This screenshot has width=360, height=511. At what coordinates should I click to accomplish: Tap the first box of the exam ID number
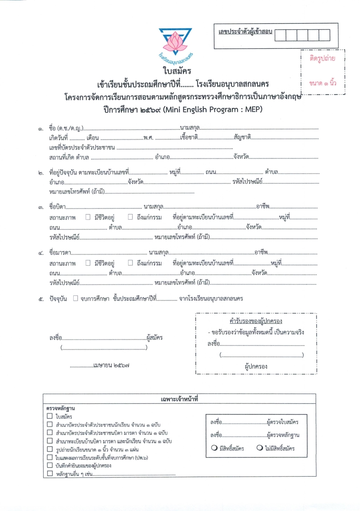(280, 35)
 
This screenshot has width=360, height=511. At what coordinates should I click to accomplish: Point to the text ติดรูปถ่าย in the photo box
(322, 58)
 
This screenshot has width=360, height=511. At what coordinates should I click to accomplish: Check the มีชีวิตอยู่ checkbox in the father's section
(88, 217)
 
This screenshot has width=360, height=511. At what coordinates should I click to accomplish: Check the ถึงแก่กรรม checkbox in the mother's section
(130, 263)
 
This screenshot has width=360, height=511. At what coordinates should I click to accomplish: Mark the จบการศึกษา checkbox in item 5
(76, 299)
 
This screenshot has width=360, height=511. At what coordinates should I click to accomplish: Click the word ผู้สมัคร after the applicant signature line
(154, 337)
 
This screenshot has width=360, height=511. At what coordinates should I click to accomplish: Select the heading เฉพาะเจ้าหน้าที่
(179, 399)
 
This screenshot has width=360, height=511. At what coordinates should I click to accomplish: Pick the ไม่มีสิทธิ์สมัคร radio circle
(260, 448)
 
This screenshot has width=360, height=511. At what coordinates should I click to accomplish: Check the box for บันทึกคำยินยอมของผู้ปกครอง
(50, 465)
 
